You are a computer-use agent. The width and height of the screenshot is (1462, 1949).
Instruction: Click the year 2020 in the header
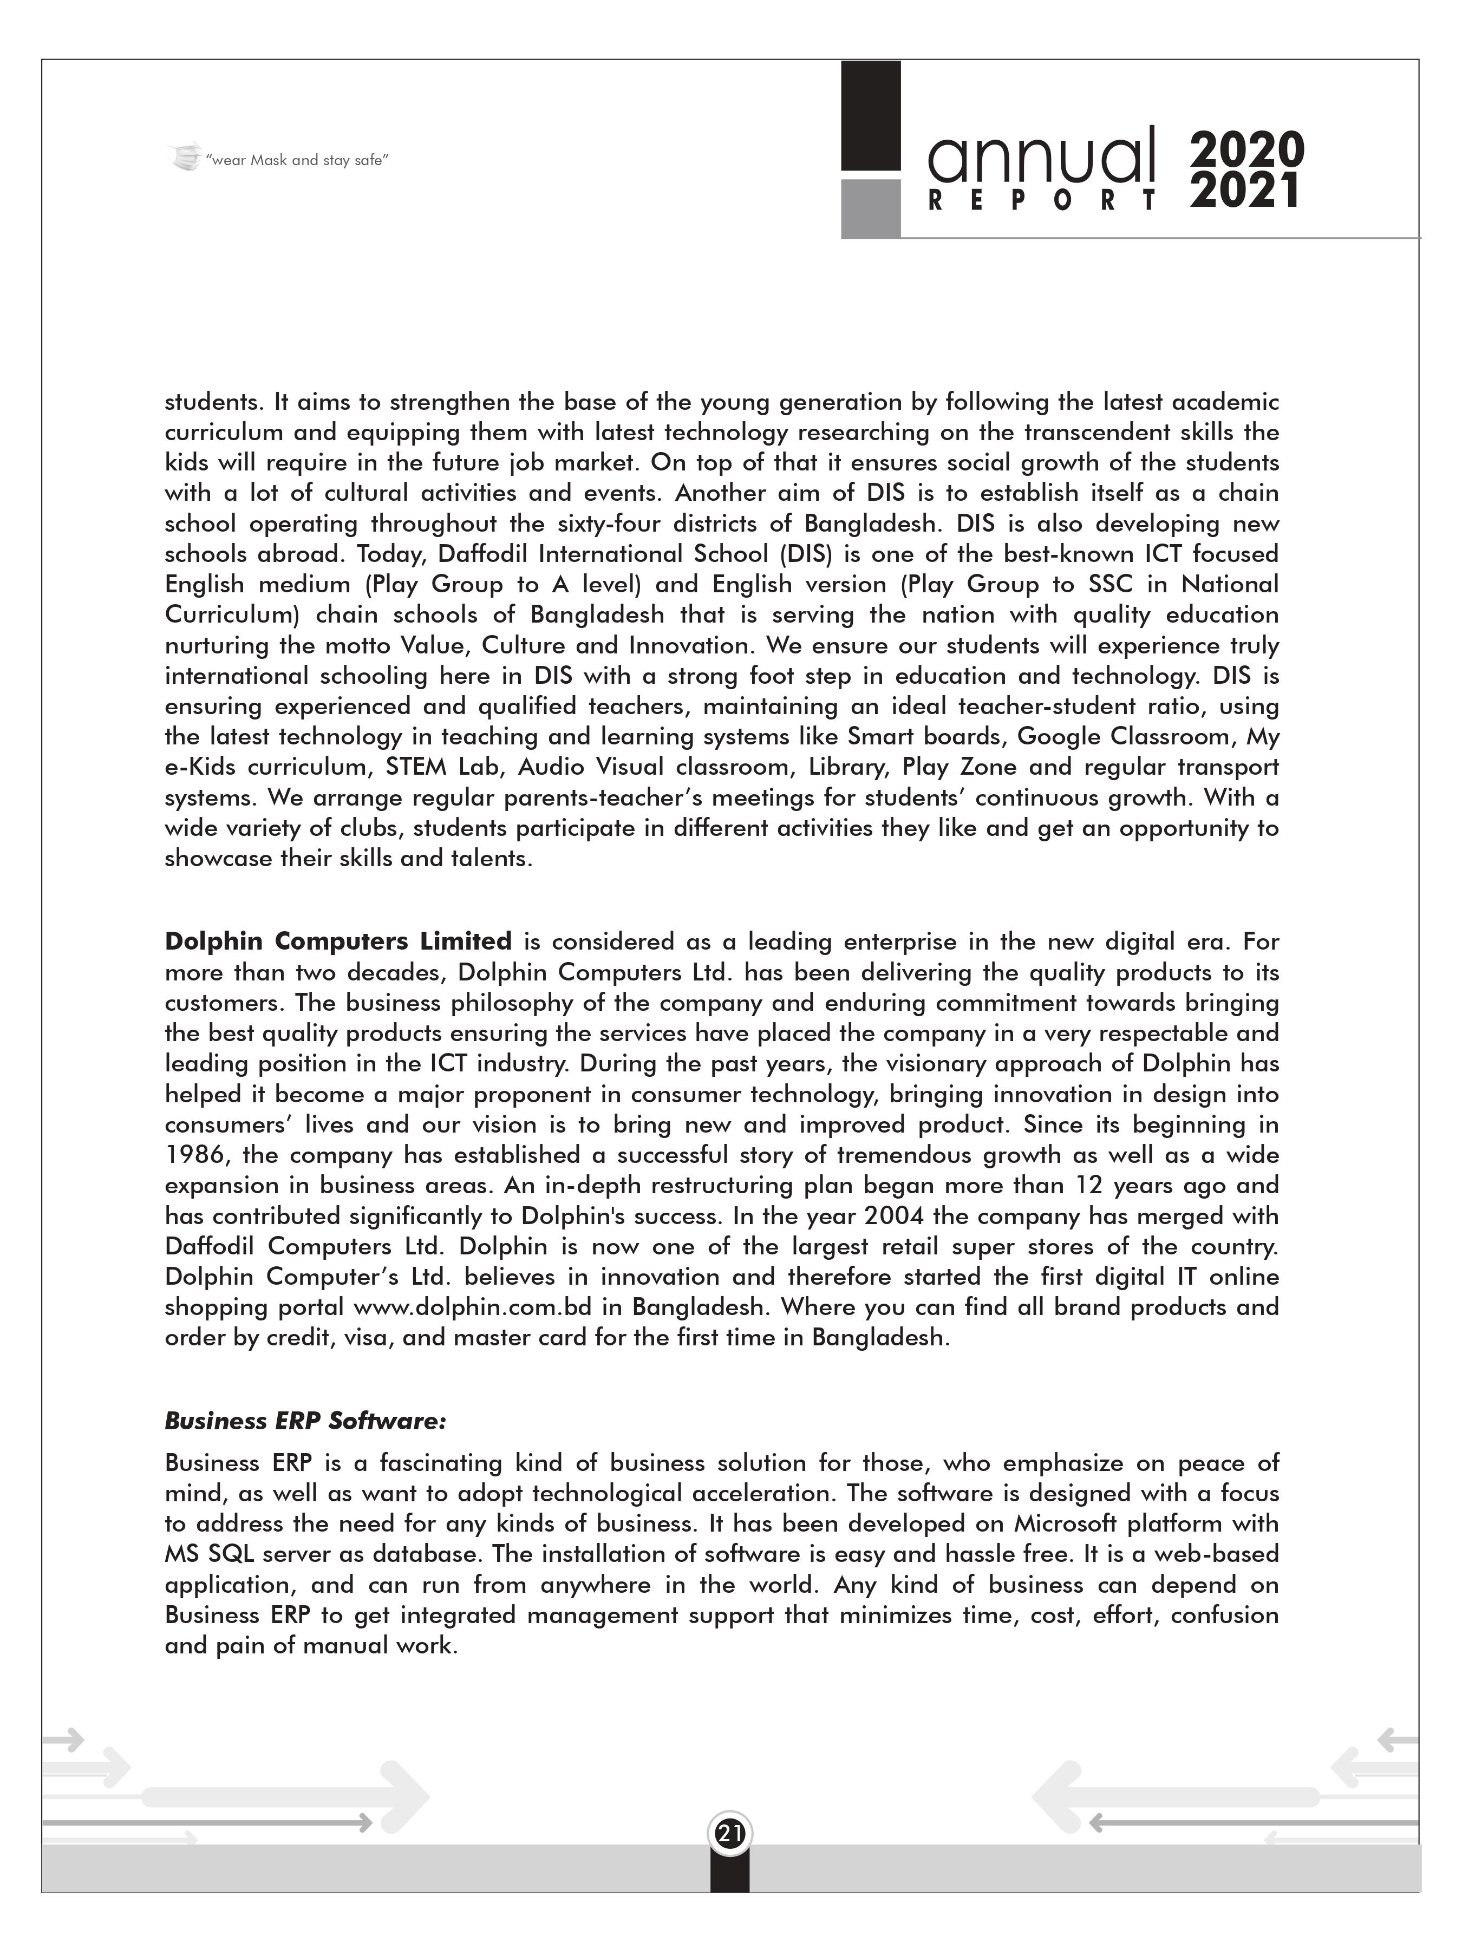click(1246, 150)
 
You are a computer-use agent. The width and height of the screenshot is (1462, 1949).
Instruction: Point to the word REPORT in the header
click(1042, 202)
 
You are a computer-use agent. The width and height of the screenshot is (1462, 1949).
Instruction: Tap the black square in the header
click(870, 115)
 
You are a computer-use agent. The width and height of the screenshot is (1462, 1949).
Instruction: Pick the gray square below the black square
click(870, 208)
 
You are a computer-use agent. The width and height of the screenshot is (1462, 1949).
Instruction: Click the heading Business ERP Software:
click(306, 1421)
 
